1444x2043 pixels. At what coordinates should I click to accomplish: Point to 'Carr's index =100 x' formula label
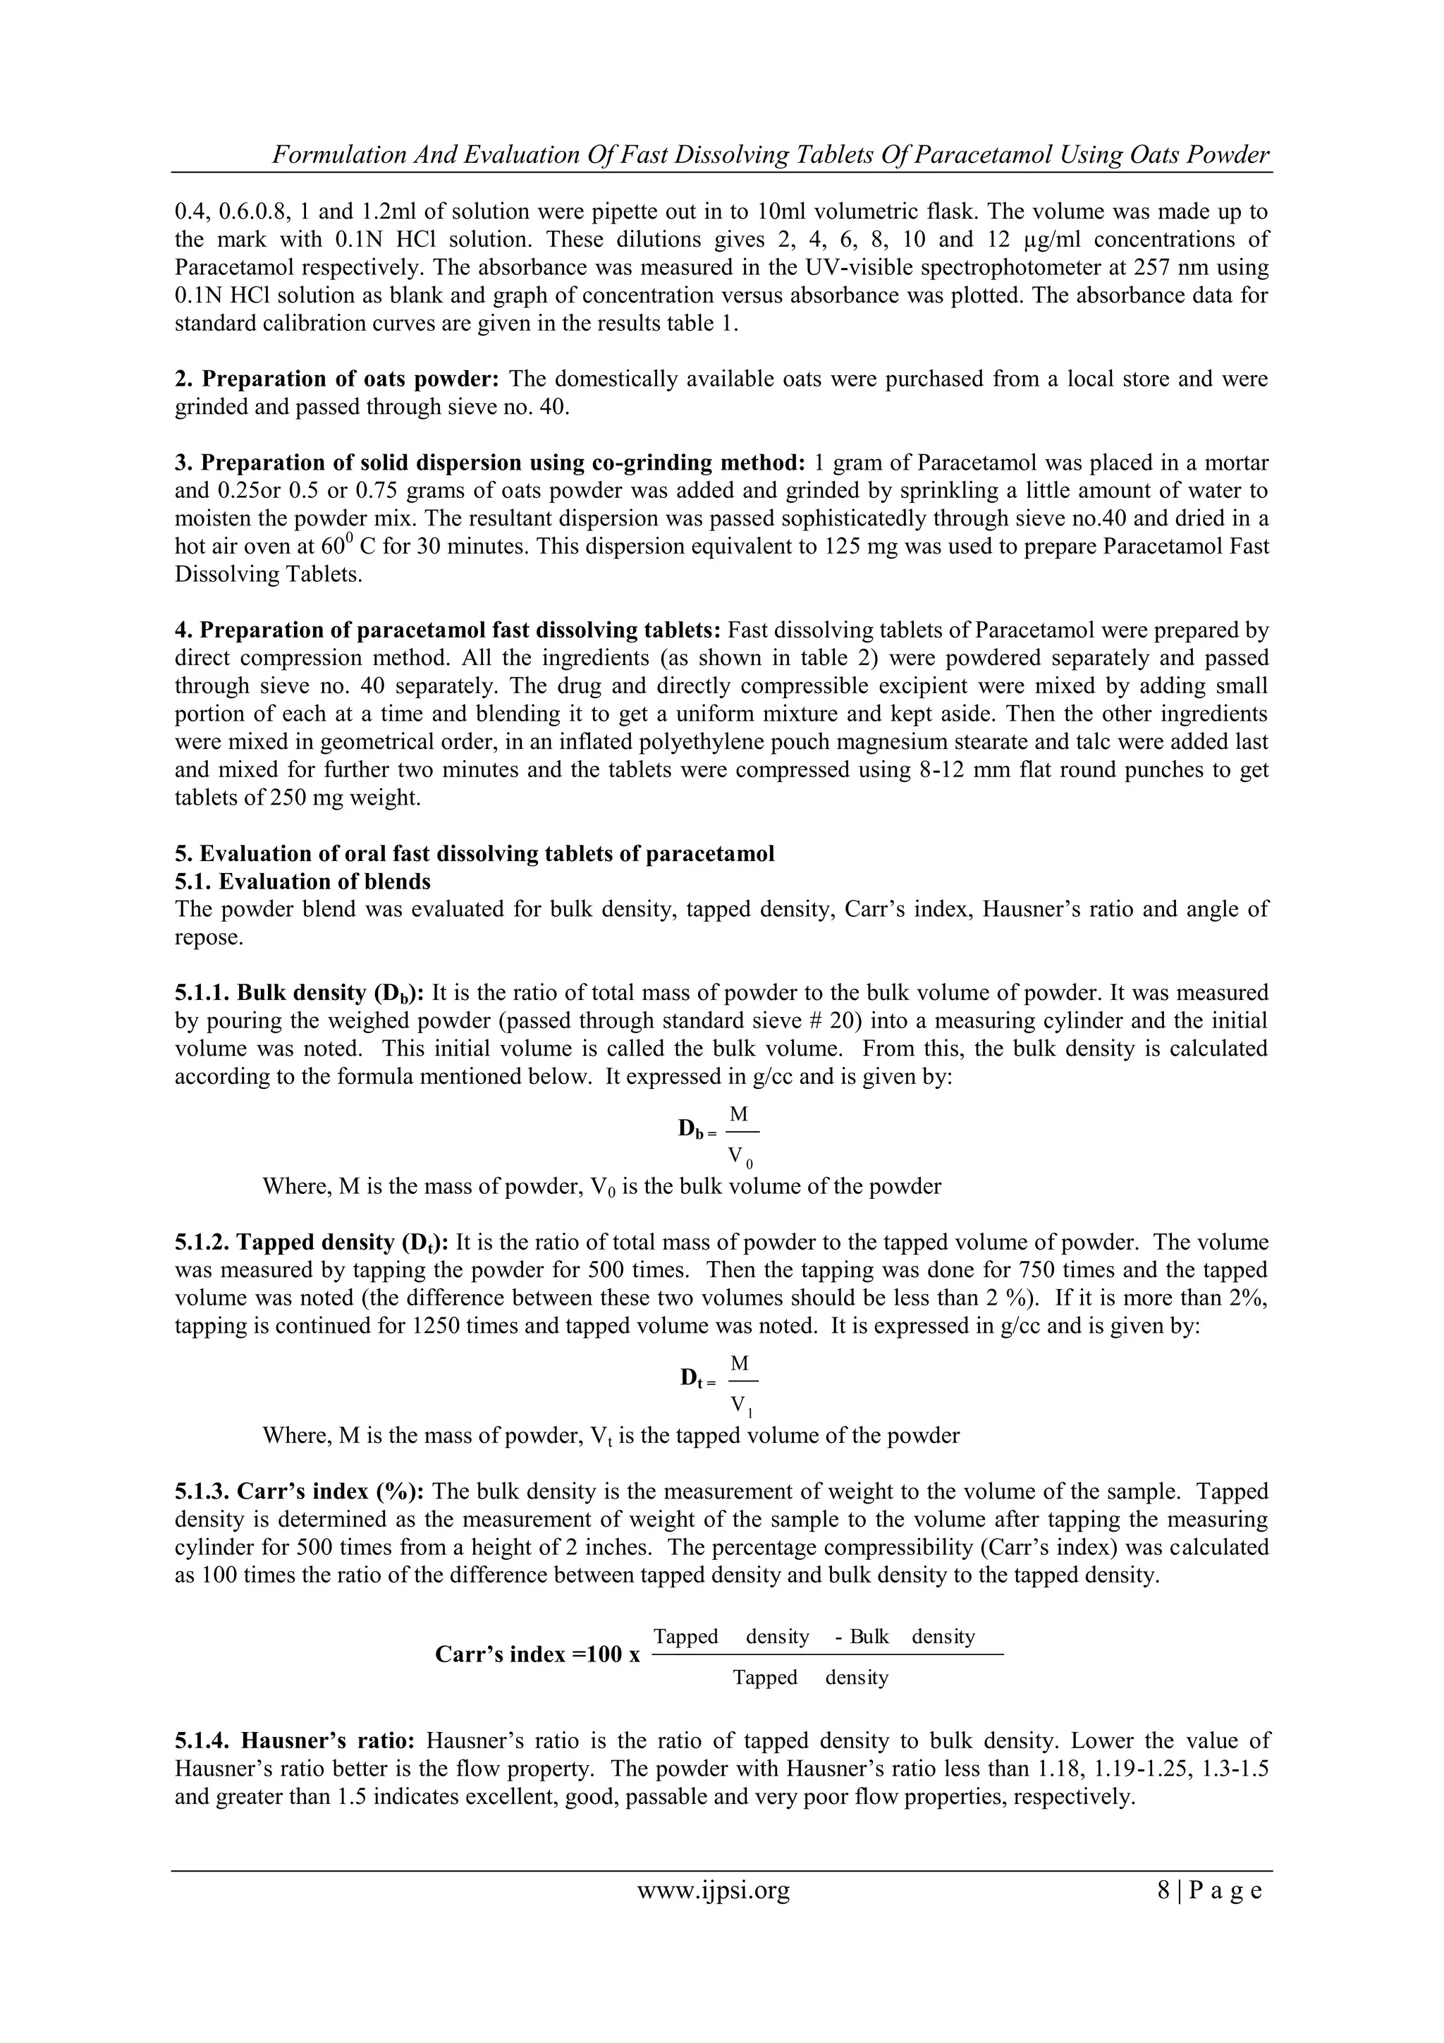pyautogui.click(x=537, y=1654)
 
